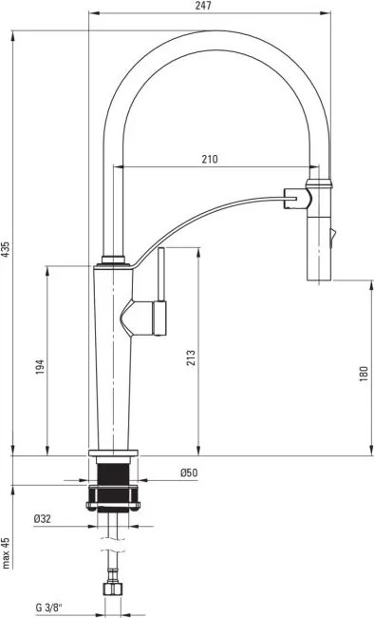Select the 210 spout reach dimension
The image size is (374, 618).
point(209,159)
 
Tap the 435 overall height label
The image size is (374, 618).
point(6,249)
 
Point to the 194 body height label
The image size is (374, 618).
point(39,367)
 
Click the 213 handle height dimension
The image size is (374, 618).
point(191,357)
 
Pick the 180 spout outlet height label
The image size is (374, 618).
point(363,374)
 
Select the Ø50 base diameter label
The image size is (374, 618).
point(188,473)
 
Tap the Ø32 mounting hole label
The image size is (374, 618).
point(42,519)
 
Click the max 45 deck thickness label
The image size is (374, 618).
point(6,552)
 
